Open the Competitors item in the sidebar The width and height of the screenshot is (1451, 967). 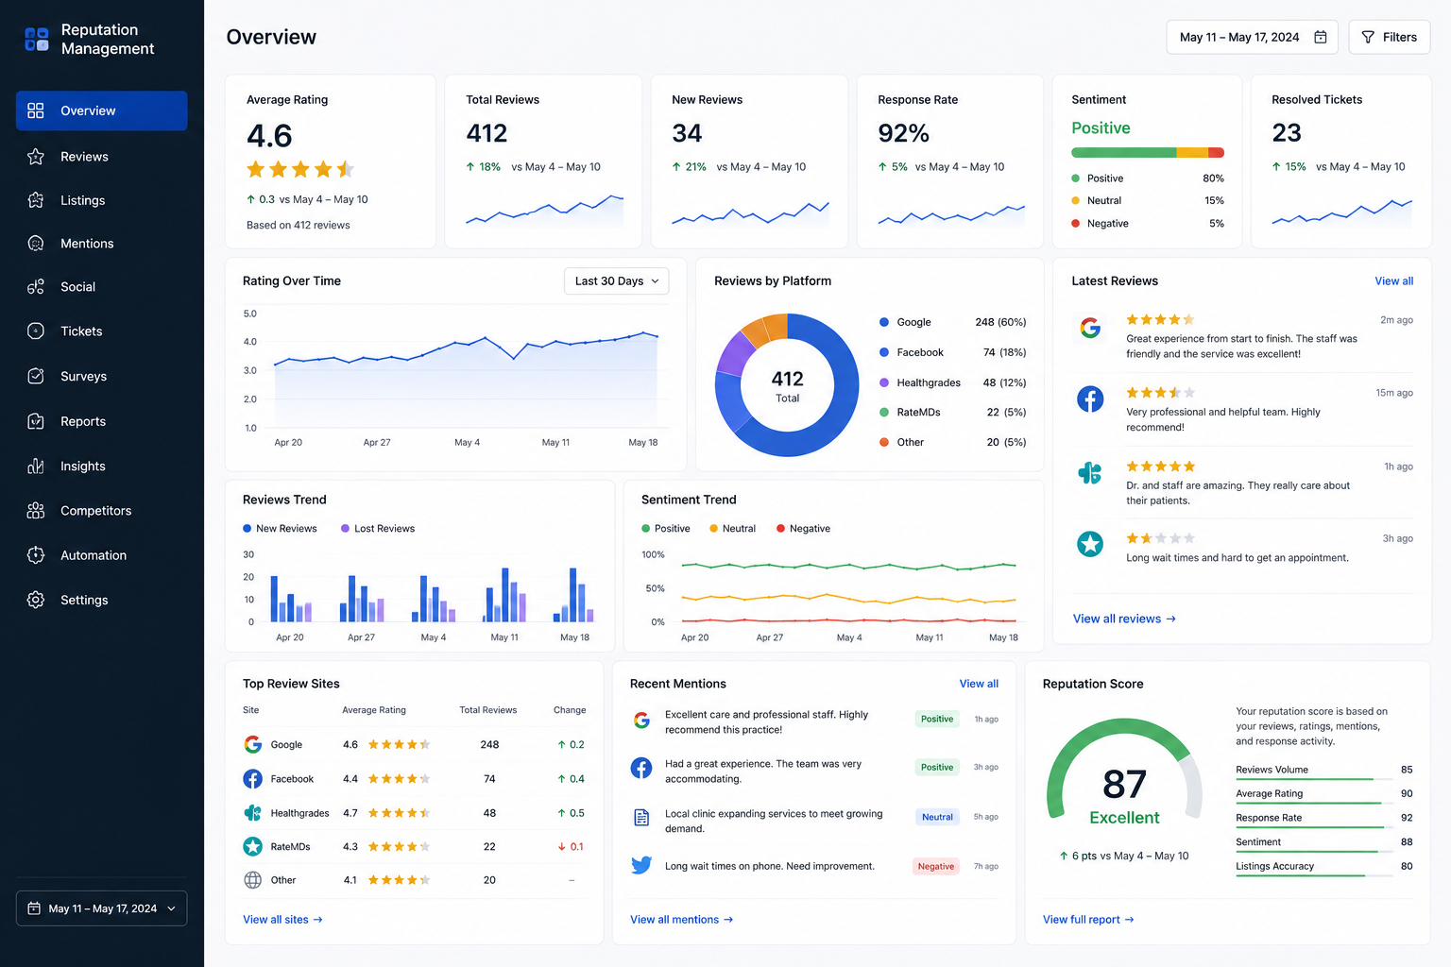point(95,510)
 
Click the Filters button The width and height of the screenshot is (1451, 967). point(1389,37)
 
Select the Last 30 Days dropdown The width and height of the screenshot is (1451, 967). point(616,281)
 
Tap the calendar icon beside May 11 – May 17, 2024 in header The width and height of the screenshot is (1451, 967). point(1320,37)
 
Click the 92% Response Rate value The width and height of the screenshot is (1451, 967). point(903,133)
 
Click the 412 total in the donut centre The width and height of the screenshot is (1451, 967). point(787,379)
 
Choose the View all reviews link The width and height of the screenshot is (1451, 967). point(1124,619)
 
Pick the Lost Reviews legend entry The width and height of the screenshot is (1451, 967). point(378,529)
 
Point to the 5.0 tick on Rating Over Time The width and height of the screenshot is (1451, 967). point(250,314)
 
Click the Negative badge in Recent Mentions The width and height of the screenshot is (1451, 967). point(935,866)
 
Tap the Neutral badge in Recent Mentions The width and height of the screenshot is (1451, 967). point(937,817)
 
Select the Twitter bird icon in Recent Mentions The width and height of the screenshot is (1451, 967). point(641,865)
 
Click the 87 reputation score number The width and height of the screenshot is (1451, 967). point(1124,784)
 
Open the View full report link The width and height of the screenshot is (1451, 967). point(1088,919)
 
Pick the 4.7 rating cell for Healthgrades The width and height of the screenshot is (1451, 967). point(350,813)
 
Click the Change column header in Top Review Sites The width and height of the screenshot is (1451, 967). point(570,710)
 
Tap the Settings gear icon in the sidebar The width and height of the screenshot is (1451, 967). point(36,600)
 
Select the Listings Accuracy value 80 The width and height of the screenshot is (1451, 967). point(1407,866)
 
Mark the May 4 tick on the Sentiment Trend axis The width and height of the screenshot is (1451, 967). point(849,637)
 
